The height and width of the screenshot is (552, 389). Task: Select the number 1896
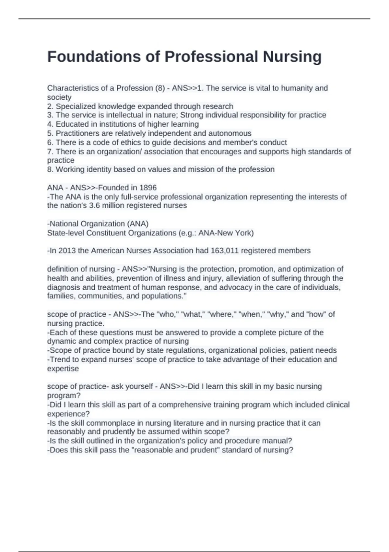click(x=148, y=188)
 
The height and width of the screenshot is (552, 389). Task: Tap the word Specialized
click(x=76, y=106)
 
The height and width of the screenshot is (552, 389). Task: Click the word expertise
click(x=63, y=369)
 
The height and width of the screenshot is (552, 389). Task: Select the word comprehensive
click(x=186, y=405)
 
